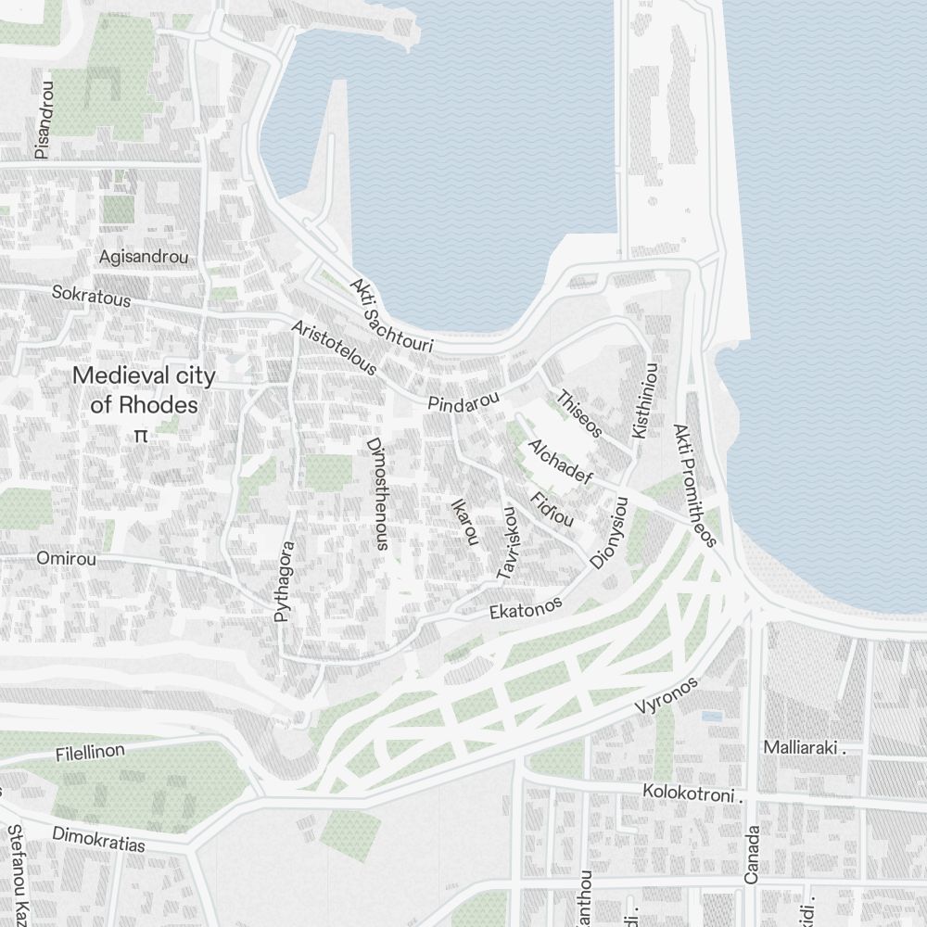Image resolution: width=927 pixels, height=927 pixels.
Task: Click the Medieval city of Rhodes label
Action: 144,390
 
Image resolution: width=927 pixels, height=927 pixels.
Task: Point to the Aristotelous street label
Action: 334,349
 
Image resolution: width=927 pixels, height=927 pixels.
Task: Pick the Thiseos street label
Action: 579,413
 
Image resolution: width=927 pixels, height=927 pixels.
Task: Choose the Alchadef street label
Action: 559,462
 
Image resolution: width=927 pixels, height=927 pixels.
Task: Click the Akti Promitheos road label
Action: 695,486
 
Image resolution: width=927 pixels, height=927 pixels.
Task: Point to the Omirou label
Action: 66,558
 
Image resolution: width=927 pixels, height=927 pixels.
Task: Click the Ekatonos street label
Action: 526,608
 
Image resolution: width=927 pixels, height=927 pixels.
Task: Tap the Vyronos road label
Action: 666,695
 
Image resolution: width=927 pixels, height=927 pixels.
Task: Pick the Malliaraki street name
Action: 803,747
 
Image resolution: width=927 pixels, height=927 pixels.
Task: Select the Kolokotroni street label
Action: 693,794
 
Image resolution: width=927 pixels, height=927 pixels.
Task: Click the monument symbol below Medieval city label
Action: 141,434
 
